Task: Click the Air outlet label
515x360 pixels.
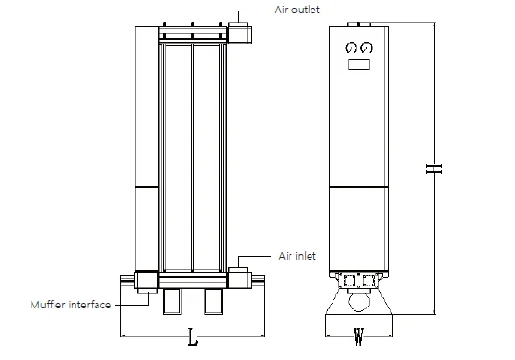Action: point(297,10)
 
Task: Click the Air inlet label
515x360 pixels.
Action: point(297,256)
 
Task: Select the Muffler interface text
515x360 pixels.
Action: point(71,305)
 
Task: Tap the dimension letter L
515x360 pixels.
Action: point(193,337)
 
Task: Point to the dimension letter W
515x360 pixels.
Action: point(358,337)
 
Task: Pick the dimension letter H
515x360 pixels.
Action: point(434,169)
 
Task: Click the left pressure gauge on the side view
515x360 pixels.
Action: point(351,48)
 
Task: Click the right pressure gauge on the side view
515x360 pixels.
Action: point(366,48)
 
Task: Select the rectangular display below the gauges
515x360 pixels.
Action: point(358,64)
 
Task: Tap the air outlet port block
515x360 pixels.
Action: point(240,32)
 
